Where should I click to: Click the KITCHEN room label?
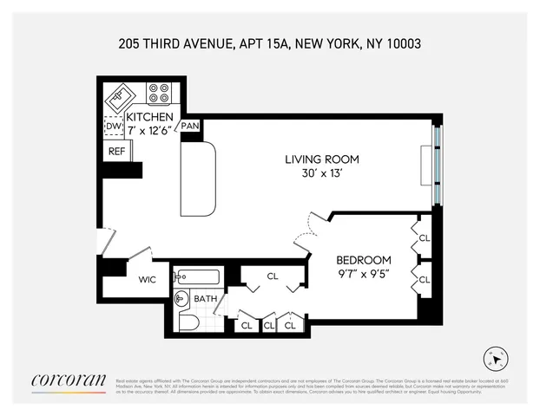[x=149, y=117]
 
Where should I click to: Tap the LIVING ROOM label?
[x=322, y=159]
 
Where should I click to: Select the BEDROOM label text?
[x=364, y=259]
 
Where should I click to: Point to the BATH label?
[x=206, y=299]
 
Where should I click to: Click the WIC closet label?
[x=148, y=280]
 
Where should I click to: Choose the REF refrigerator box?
[x=116, y=151]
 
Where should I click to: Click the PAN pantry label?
[x=191, y=127]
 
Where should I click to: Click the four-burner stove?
[x=158, y=92]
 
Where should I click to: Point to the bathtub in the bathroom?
[x=197, y=277]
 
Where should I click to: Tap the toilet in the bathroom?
[x=188, y=322]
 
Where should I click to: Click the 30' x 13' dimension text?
[x=322, y=173]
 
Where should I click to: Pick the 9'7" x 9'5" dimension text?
[x=364, y=274]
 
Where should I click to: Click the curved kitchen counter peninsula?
[x=198, y=180]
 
